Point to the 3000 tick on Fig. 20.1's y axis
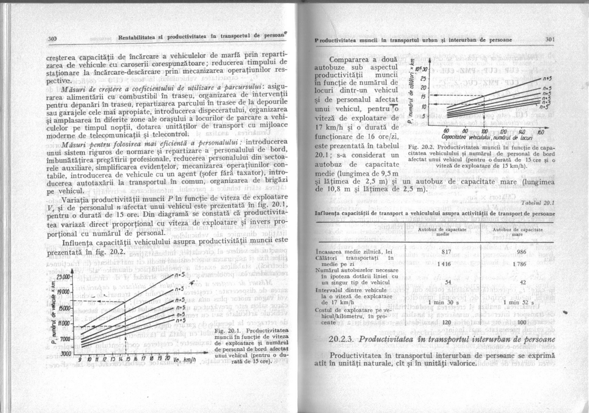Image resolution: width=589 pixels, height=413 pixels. click(66, 353)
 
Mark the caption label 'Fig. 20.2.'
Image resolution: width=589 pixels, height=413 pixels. click(420, 147)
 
